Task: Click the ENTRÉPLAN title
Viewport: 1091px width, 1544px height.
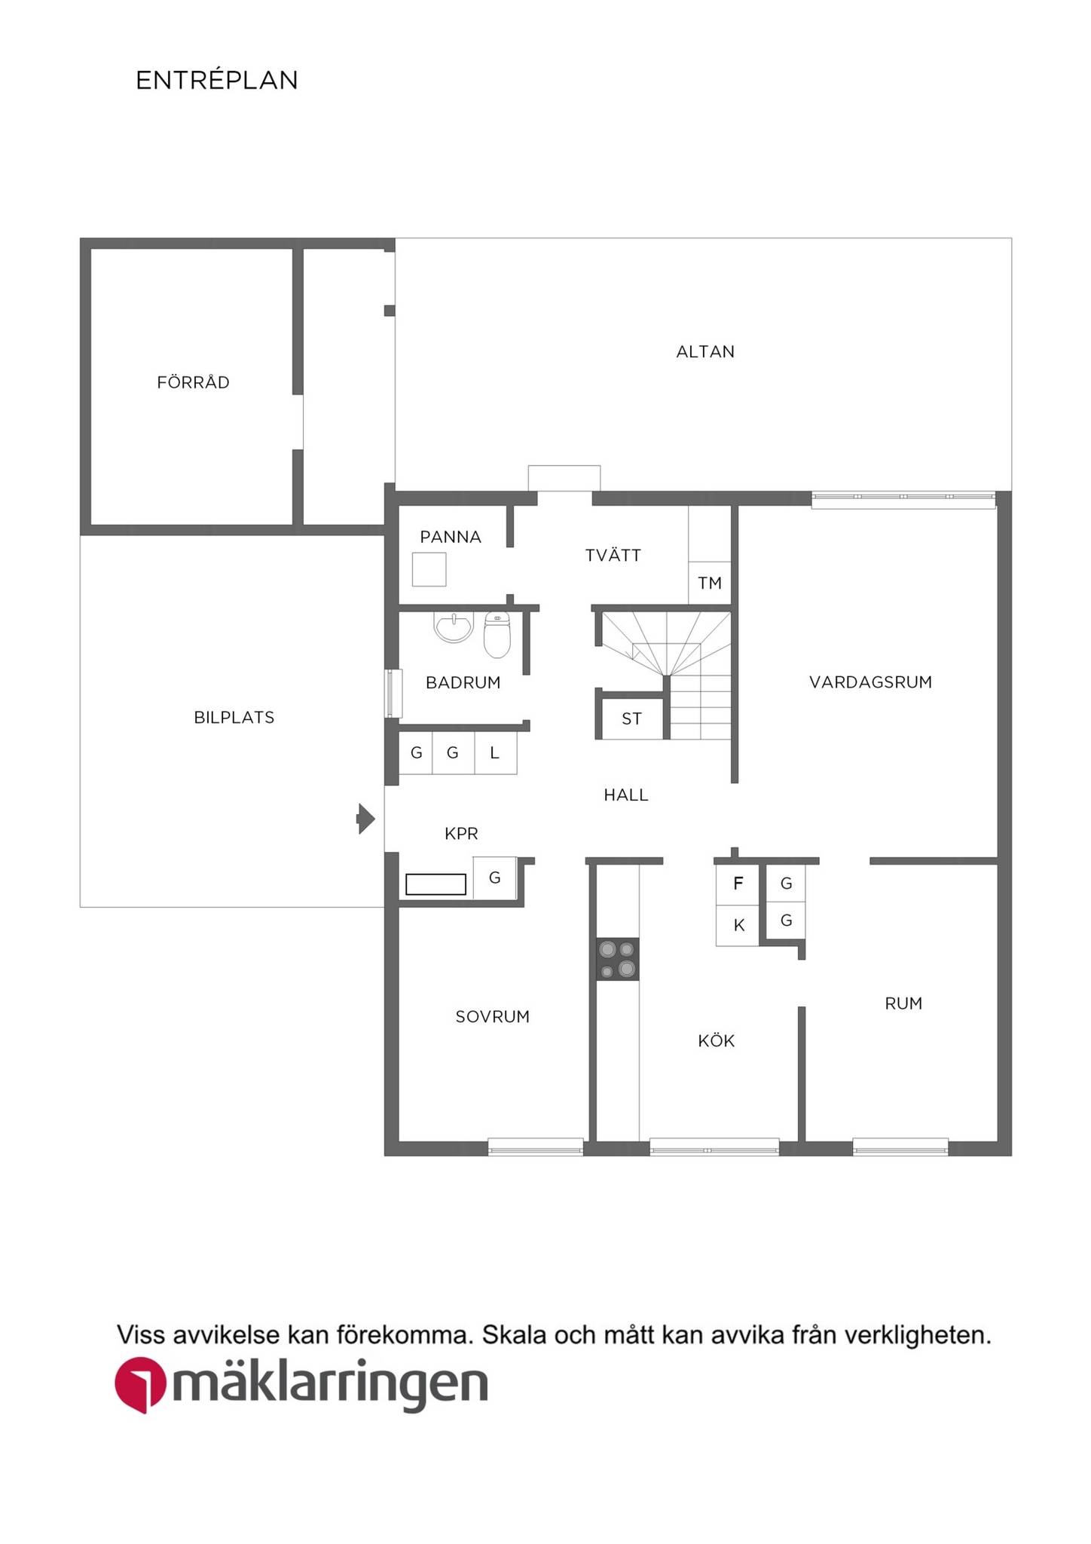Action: [217, 80]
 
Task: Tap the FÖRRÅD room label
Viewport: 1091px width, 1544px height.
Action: [193, 381]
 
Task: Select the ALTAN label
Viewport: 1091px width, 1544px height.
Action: [705, 351]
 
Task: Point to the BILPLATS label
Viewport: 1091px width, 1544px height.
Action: [234, 717]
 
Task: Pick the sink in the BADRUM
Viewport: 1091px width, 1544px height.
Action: [454, 627]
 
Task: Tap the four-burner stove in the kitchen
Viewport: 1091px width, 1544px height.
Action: [618, 959]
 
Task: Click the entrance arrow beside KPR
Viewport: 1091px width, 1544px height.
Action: [365, 819]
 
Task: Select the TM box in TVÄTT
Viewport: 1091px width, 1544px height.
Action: [710, 583]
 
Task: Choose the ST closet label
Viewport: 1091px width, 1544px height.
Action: [631, 718]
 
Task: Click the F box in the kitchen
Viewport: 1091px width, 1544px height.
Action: [738, 884]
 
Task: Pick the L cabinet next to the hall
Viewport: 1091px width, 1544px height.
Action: [495, 752]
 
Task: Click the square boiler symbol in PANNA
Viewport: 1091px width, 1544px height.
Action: [429, 569]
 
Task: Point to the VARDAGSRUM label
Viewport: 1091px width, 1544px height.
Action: [870, 682]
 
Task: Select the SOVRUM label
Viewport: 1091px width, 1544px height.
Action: [493, 1016]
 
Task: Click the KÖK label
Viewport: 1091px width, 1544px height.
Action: [716, 1040]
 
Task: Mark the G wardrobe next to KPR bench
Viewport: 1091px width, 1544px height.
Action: [495, 878]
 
